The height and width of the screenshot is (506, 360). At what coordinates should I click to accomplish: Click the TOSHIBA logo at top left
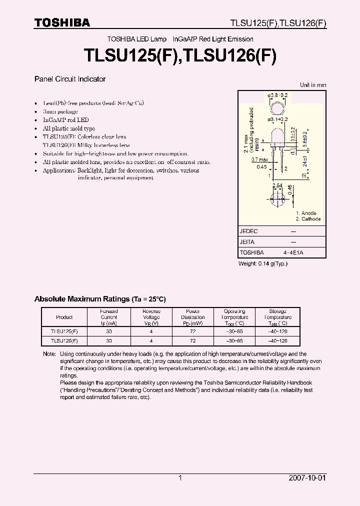62,22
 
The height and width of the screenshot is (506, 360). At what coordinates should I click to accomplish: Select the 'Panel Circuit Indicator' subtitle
70,79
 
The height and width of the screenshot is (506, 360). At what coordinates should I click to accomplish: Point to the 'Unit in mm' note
313,85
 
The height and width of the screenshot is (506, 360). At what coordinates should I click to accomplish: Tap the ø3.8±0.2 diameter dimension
278,95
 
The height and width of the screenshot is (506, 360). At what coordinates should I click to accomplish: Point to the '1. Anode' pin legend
306,213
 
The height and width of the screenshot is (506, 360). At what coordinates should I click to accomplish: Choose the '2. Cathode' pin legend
308,219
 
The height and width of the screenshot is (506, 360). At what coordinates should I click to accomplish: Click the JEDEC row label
248,231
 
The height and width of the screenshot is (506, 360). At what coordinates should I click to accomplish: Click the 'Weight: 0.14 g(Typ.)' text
263,263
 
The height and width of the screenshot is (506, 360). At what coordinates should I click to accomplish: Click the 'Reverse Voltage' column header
151,317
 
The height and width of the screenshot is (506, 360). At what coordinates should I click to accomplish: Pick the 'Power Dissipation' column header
192,317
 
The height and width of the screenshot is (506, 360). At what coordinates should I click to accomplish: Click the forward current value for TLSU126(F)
109,340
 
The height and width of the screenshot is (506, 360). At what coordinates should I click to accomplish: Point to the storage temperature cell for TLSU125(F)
277,331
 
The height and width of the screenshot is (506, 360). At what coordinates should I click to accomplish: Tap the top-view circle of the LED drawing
277,108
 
